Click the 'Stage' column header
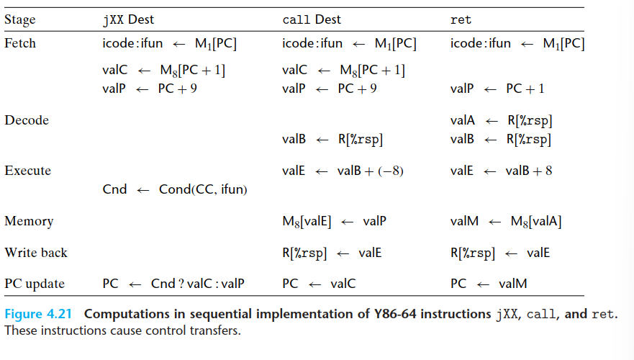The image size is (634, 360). point(20,19)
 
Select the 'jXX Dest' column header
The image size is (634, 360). point(129,19)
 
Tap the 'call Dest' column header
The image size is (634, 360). point(312,19)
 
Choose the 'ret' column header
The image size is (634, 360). point(461,19)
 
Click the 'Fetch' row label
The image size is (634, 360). point(20,43)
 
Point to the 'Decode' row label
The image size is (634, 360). point(27,120)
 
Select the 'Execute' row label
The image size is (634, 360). point(27,171)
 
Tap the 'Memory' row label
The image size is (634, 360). point(29,221)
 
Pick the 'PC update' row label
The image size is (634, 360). point(35,284)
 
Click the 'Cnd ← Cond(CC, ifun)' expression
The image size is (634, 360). point(176,189)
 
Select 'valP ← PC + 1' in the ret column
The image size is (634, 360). point(497,89)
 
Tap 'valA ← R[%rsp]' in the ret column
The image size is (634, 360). point(501,120)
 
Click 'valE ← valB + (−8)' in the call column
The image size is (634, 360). point(342,171)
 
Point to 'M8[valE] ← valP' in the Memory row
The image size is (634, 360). point(335,221)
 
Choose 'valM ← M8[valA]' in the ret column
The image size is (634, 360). point(506,221)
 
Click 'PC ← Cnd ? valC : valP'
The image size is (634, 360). point(173,284)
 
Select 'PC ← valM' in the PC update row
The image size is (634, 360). point(489,284)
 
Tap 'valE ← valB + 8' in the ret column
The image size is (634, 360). point(502,171)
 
